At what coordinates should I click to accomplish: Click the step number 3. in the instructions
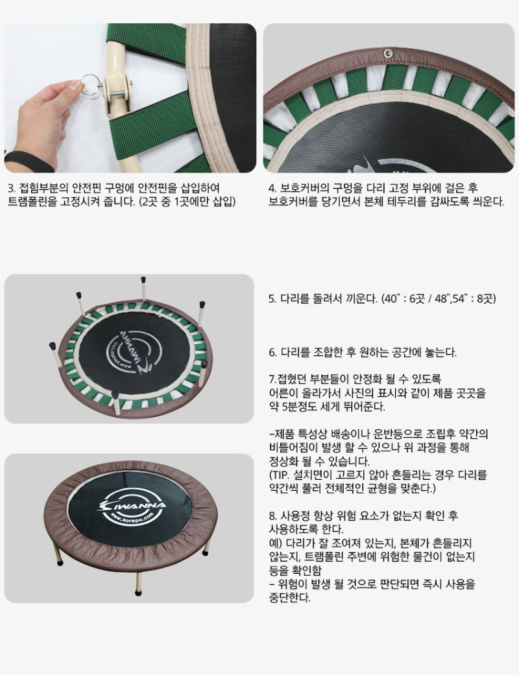[x=12, y=188]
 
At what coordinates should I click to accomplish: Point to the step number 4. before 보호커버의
[x=272, y=188]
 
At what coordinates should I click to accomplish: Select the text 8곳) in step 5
[x=487, y=298]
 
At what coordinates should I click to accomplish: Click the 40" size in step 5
[x=391, y=298]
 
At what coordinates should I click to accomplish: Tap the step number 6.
[x=272, y=353]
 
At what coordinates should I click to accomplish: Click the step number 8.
[x=272, y=516]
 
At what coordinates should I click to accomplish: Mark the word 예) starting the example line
[x=275, y=543]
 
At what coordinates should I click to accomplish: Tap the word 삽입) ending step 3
[x=224, y=202]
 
